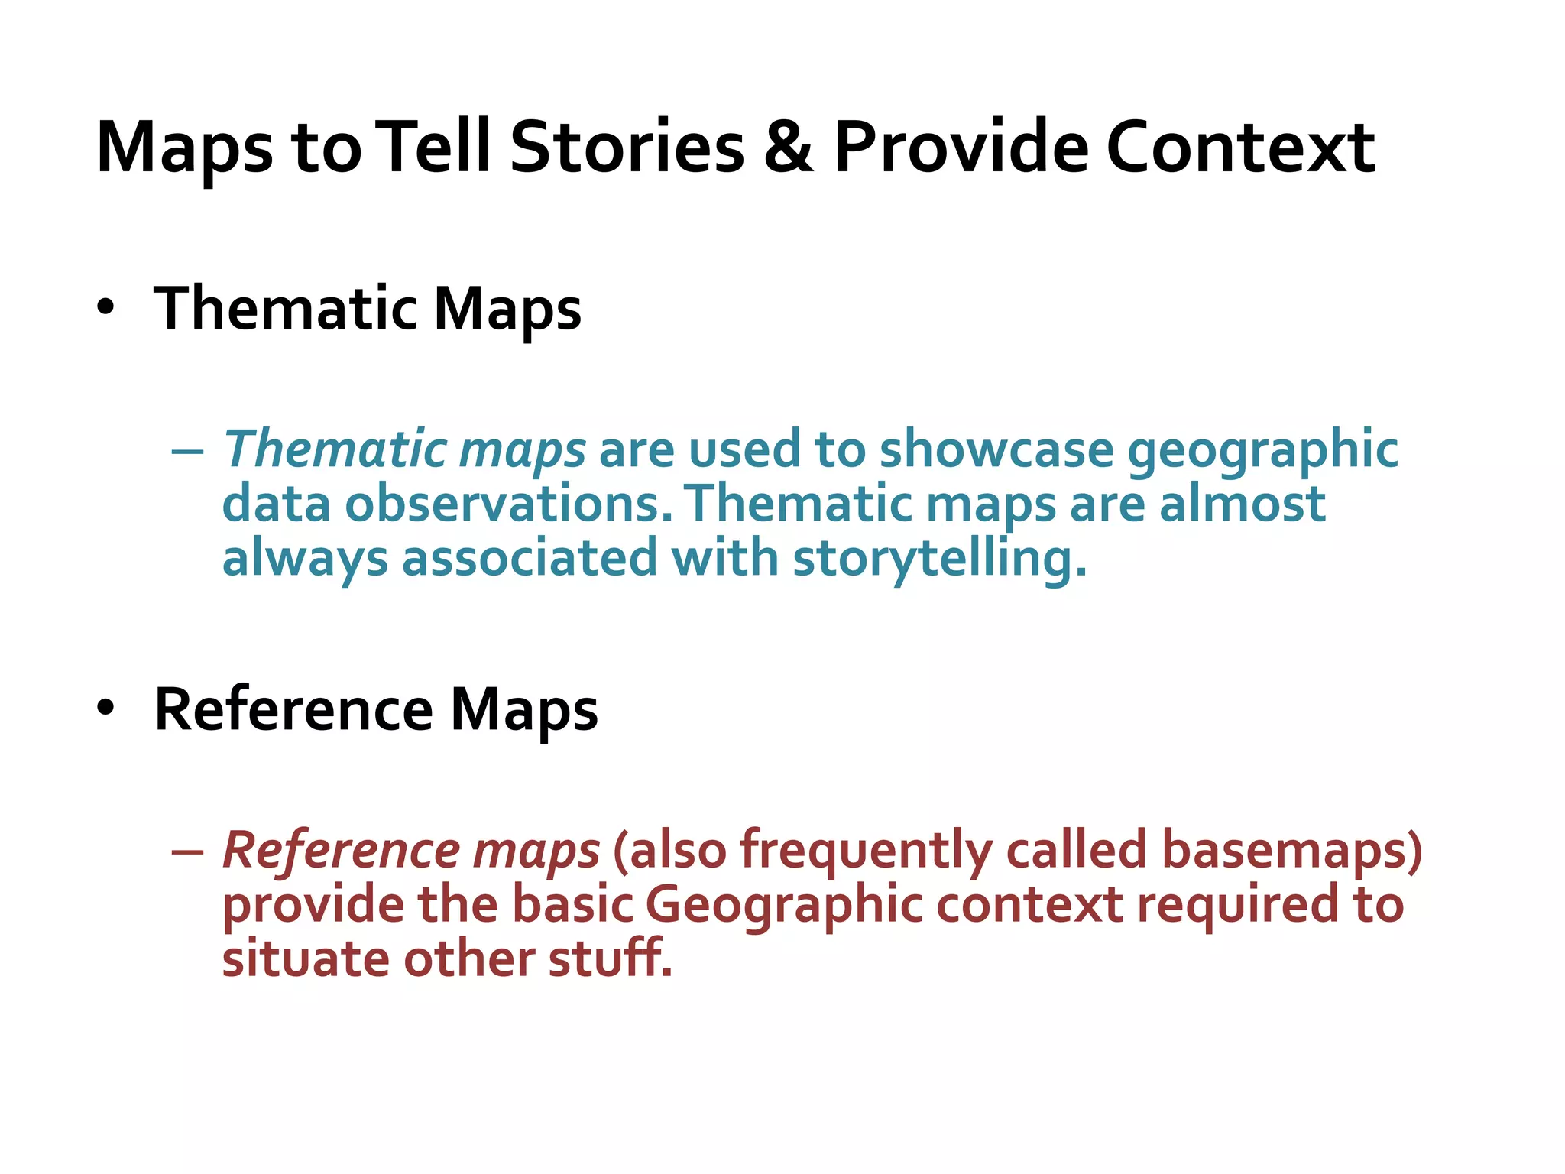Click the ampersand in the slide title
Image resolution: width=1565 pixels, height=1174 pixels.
point(788,147)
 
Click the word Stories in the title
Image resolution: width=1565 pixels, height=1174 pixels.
point(627,147)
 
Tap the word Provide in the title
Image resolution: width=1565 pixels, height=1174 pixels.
point(961,147)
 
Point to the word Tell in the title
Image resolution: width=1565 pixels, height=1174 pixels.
point(436,147)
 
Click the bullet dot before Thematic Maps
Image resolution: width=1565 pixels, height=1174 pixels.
point(105,308)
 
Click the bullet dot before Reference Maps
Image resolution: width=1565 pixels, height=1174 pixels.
point(105,709)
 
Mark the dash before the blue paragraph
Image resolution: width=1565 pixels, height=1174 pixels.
point(188,452)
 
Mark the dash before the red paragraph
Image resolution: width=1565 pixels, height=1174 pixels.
point(188,852)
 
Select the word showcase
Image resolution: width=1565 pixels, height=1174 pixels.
point(996,449)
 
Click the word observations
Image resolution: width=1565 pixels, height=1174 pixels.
point(510,504)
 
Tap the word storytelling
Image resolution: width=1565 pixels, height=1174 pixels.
point(939,559)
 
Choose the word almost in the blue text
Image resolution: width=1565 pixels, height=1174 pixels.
point(1242,504)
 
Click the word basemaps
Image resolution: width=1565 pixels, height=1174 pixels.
point(1292,850)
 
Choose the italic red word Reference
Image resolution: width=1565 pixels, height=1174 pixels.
point(341,850)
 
